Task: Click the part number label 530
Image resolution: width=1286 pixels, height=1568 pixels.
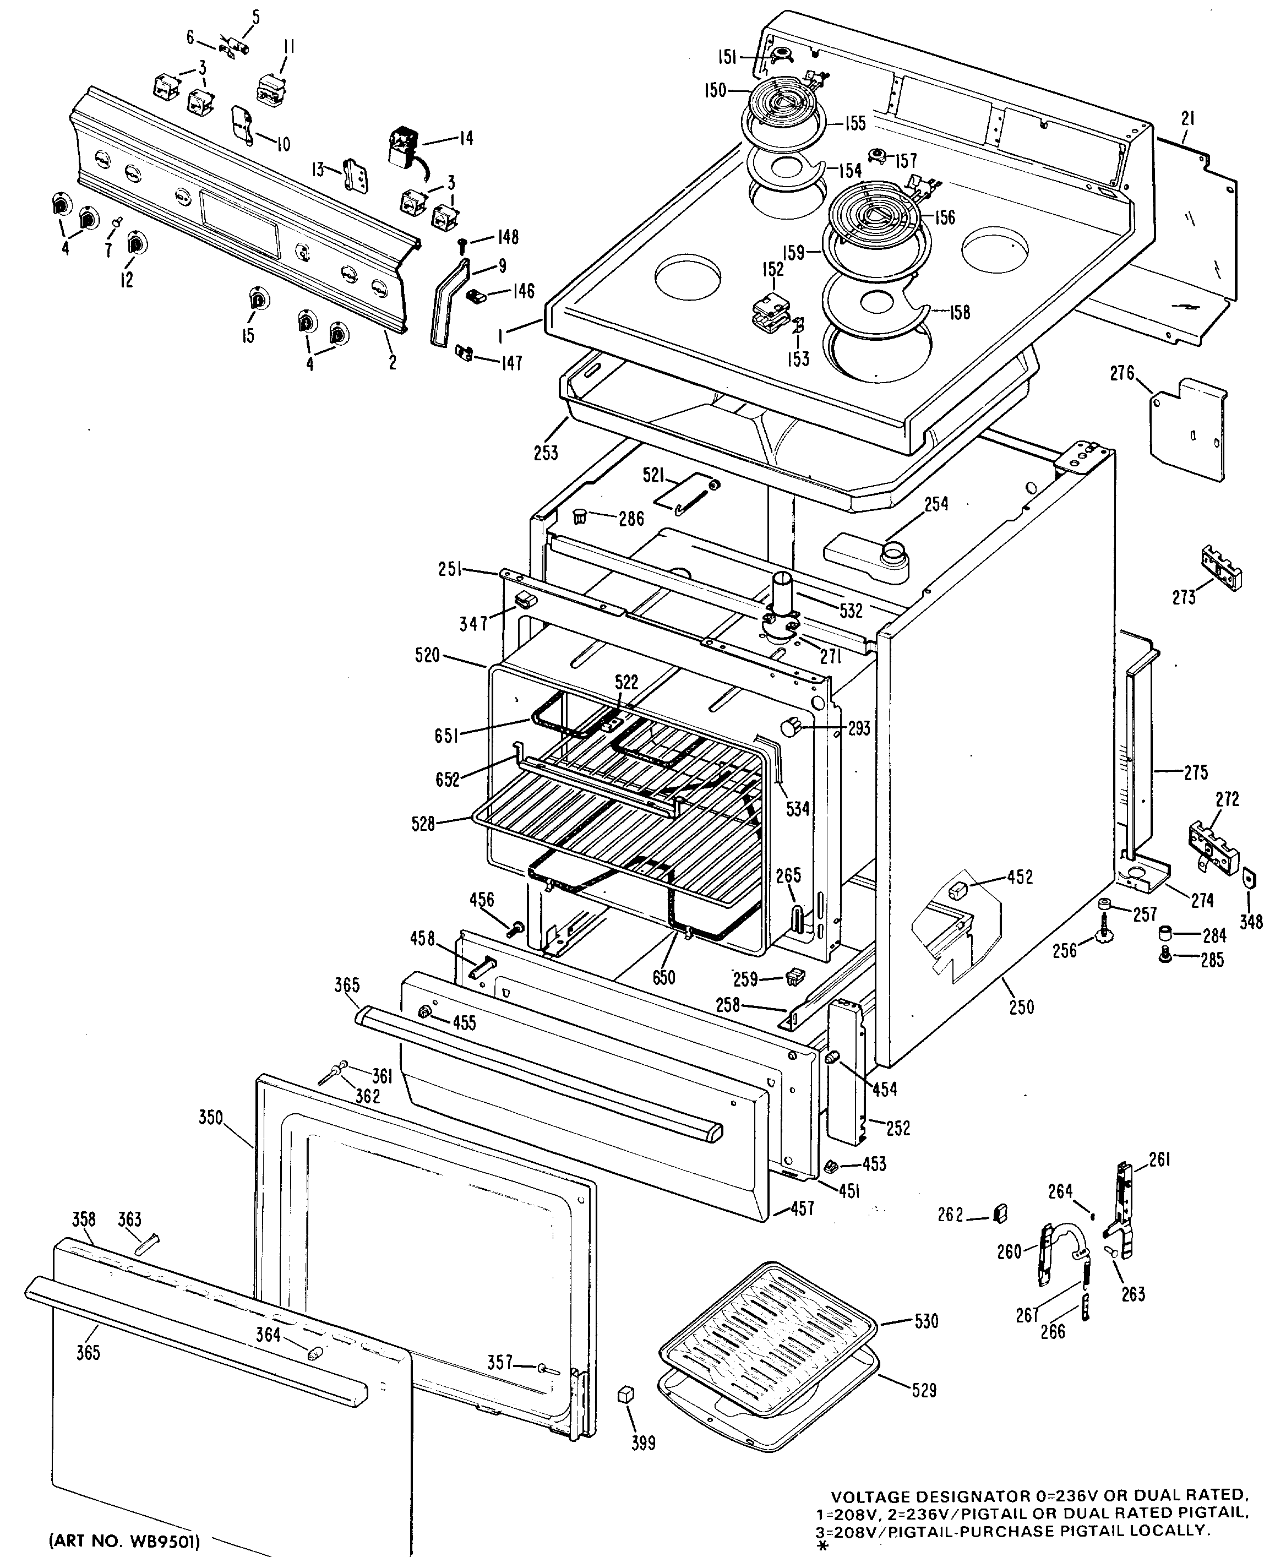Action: tap(927, 1321)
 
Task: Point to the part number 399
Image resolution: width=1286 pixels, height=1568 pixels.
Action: tap(643, 1443)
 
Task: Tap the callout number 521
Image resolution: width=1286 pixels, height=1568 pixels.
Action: tap(653, 475)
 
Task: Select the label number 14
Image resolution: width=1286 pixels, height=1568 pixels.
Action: tap(465, 139)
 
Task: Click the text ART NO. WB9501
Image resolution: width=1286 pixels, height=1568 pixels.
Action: tap(124, 1542)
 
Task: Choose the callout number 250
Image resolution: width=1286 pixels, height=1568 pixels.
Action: tap(1021, 1008)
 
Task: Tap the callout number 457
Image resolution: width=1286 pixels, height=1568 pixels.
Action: tap(802, 1208)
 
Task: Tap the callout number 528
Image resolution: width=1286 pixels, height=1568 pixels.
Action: tap(423, 823)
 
